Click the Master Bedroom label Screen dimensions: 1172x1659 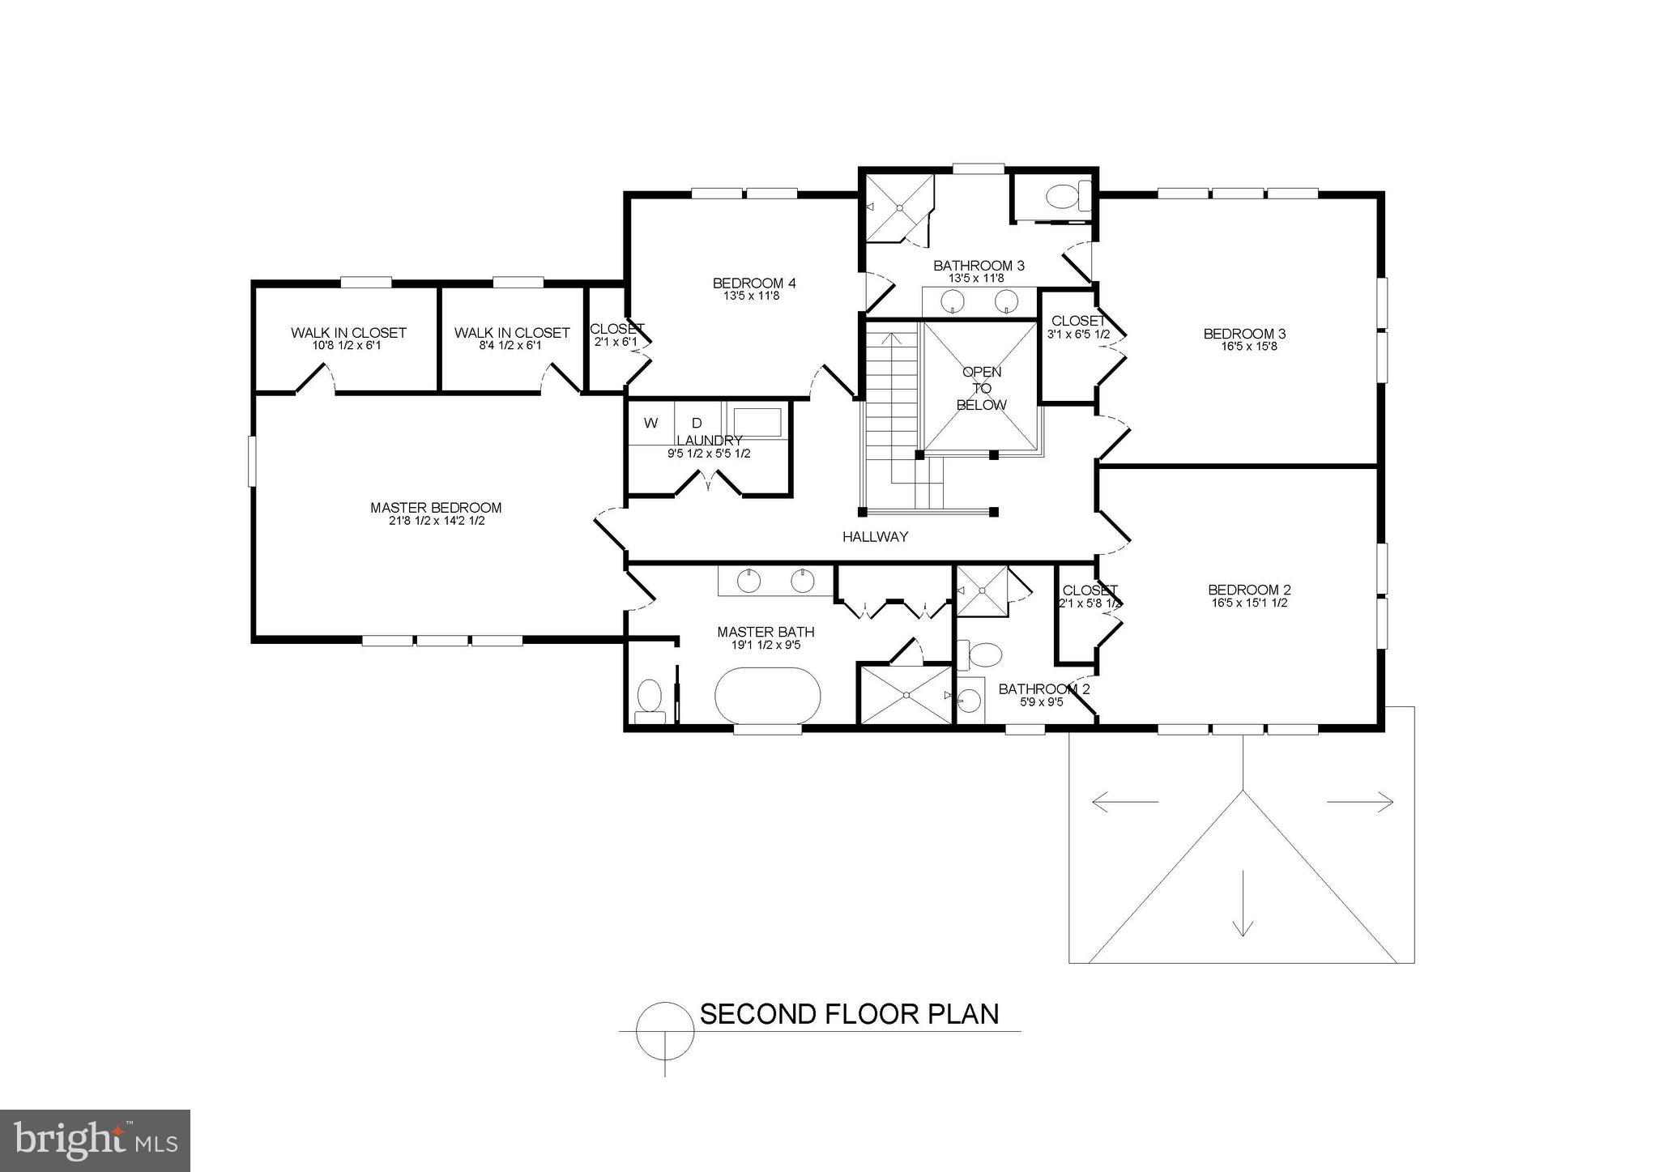[x=436, y=508]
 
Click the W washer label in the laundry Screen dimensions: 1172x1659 [x=650, y=423]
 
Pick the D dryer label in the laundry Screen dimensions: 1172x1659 [x=697, y=423]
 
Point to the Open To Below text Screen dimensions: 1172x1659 [x=982, y=389]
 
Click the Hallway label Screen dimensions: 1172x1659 [x=875, y=536]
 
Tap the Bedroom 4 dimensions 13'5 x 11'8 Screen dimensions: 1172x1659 [x=753, y=296]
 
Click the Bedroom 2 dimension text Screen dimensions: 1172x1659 [x=1249, y=603]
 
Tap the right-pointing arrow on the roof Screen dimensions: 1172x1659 [x=1360, y=803]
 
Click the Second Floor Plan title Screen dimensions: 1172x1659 [x=849, y=1014]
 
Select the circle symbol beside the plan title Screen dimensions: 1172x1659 [x=665, y=1031]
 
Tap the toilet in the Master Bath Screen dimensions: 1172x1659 [x=650, y=699]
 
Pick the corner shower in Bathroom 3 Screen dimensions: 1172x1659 [x=898, y=208]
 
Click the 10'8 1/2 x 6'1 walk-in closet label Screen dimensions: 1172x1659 [x=348, y=346]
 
